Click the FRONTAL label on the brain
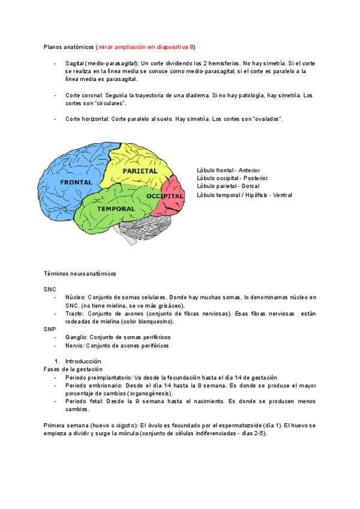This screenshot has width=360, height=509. click(x=76, y=181)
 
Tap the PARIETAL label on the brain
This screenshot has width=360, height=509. click(x=140, y=171)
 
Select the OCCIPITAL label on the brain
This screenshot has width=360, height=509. click(x=165, y=196)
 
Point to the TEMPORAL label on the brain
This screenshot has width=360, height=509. click(x=116, y=208)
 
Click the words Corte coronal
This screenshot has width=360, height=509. click(x=84, y=95)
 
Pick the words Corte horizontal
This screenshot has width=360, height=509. click(x=87, y=119)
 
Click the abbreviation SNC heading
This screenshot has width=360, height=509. click(x=50, y=289)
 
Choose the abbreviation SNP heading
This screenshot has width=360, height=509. click(x=50, y=330)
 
